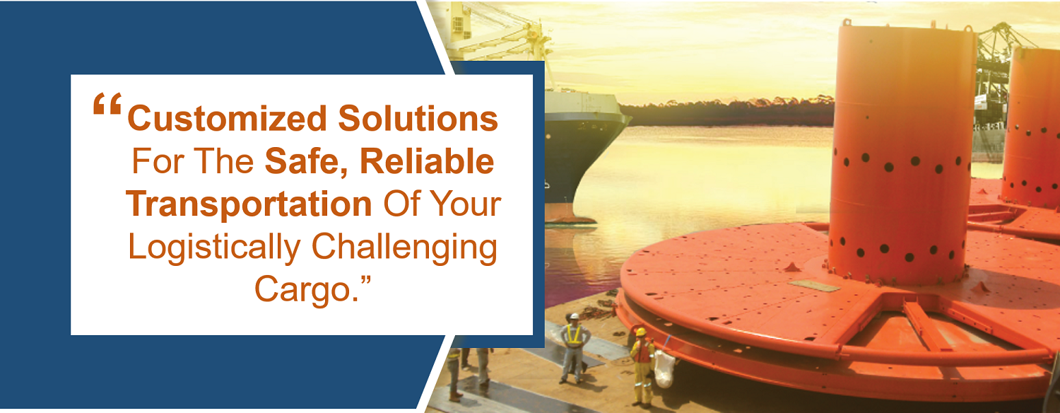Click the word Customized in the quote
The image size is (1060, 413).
tap(227, 118)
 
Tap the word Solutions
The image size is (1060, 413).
tap(418, 118)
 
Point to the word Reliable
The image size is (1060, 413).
tap(427, 161)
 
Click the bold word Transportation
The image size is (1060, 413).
tap(249, 204)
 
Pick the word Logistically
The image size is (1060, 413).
tap(214, 248)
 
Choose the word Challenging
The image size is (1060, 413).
tap(404, 248)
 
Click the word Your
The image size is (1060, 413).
tap(466, 204)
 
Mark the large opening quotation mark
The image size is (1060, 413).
tap(107, 104)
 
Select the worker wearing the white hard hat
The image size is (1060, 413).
tap(574, 348)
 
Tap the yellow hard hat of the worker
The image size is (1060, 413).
tap(641, 332)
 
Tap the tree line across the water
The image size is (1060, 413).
tap(729, 112)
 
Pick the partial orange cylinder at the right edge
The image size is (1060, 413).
tap(1032, 128)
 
